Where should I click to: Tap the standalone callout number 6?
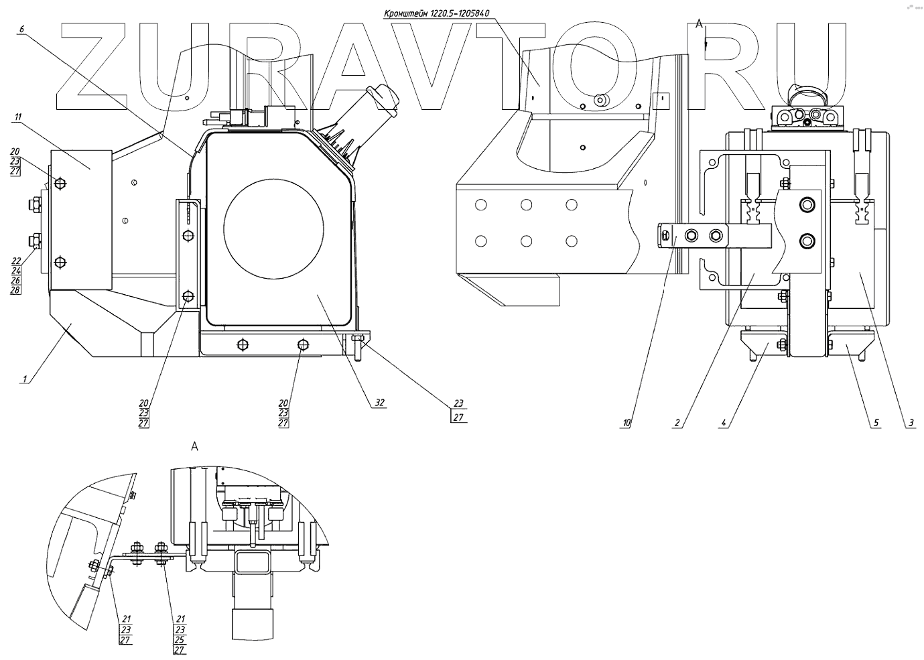[x=21, y=29]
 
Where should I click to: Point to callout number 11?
[x=17, y=117]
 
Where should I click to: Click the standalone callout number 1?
[x=25, y=379]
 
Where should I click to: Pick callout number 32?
[x=380, y=403]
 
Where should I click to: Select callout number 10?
[x=626, y=423]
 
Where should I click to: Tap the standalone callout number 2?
[x=677, y=423]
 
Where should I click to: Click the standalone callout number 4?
[x=724, y=423]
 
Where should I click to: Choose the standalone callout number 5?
[x=875, y=423]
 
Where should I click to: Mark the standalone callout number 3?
[x=911, y=423]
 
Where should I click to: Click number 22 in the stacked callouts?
[x=16, y=261]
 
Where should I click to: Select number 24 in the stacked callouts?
[x=16, y=271]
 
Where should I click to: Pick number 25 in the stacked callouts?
[x=180, y=639]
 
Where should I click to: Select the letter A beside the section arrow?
[x=699, y=24]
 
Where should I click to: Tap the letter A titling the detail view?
[x=194, y=446]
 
